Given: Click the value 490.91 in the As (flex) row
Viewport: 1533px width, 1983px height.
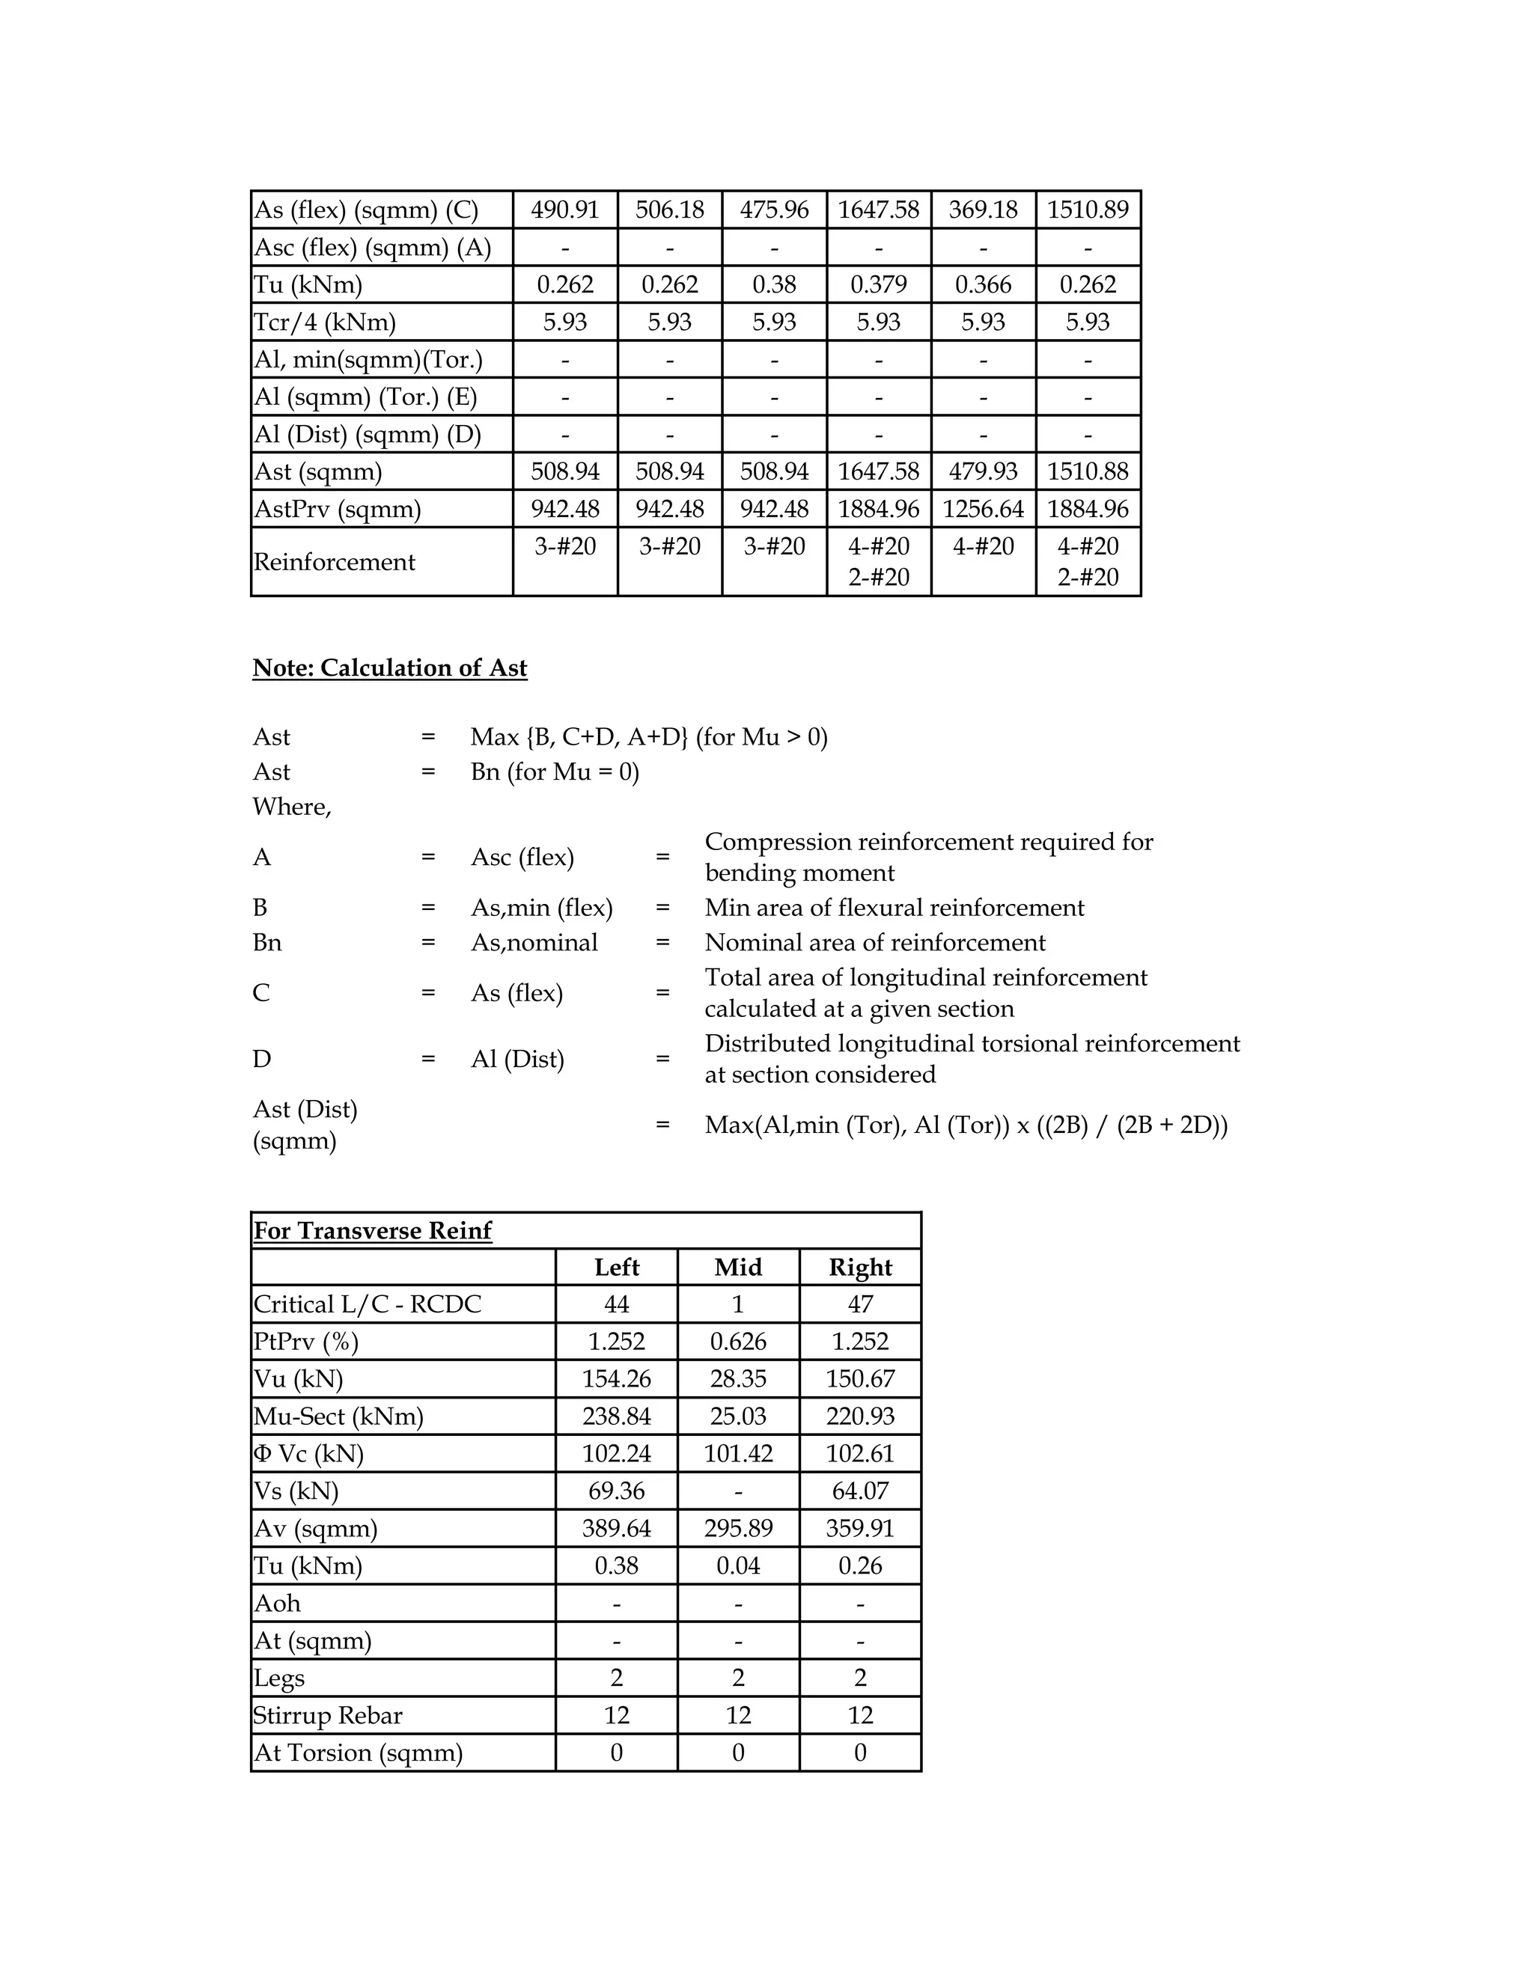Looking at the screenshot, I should pyautogui.click(x=565, y=210).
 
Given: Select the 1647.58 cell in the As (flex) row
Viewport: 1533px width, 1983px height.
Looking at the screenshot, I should pyautogui.click(x=878, y=210).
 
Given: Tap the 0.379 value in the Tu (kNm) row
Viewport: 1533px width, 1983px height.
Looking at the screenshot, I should pyautogui.click(x=878, y=284).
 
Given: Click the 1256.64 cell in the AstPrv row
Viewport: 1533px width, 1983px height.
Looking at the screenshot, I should pyautogui.click(x=983, y=508).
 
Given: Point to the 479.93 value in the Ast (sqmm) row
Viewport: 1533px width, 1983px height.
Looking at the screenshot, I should pyautogui.click(x=983, y=471).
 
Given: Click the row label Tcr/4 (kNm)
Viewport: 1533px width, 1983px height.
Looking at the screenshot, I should pyautogui.click(x=324, y=323).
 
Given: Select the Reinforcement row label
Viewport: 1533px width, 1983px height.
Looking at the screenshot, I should pyautogui.click(x=334, y=562).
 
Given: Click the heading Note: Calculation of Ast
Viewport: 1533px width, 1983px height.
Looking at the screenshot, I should pyautogui.click(x=389, y=667).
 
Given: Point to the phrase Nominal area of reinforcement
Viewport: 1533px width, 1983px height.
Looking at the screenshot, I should pyautogui.click(x=874, y=942).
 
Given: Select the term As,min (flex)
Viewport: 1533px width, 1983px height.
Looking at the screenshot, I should pyautogui.click(x=541, y=908).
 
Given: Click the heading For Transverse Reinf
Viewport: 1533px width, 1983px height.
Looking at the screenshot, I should pyautogui.click(x=372, y=1230).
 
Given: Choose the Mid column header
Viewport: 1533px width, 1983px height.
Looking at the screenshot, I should pyautogui.click(x=738, y=1268).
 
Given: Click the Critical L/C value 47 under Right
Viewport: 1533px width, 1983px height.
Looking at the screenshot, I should pyautogui.click(x=860, y=1305).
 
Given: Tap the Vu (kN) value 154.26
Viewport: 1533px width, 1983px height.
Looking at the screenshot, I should pyautogui.click(x=617, y=1379).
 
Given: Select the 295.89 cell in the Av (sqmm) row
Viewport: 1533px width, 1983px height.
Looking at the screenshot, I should pyautogui.click(x=738, y=1528).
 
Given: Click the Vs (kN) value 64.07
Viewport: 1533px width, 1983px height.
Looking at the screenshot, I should pyautogui.click(x=860, y=1491).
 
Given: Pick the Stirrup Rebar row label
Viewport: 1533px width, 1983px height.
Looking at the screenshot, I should pyautogui.click(x=328, y=1715).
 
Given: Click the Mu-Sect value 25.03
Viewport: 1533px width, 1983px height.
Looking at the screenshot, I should pyautogui.click(x=738, y=1417).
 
